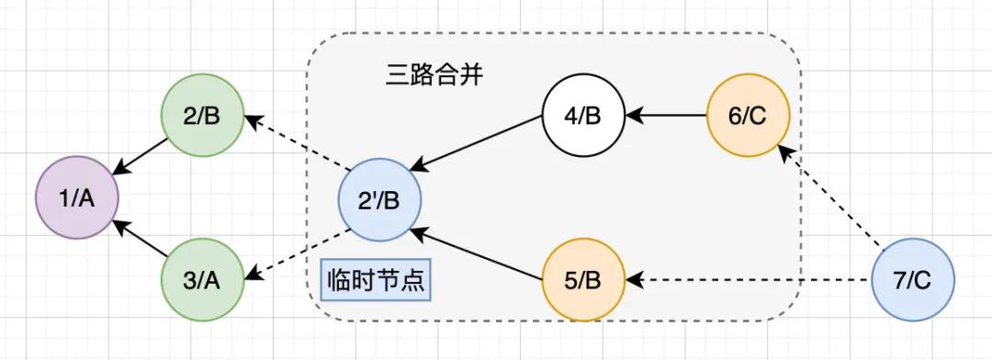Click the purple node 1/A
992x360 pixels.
pyautogui.click(x=76, y=197)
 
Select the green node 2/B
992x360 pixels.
pyautogui.click(x=201, y=116)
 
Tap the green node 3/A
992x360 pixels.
pyautogui.click(x=201, y=279)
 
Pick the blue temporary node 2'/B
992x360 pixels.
pyautogui.click(x=379, y=197)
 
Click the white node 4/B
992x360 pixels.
pyautogui.click(x=583, y=116)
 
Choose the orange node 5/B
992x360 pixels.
pyautogui.click(x=583, y=279)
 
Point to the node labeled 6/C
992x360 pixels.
pyautogui.click(x=749, y=116)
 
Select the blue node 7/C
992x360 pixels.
pyautogui.click(x=912, y=279)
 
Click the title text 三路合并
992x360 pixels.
pyautogui.click(x=434, y=76)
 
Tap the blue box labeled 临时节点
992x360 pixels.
pyautogui.click(x=376, y=279)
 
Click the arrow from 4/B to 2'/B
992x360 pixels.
pyautogui.click(x=478, y=145)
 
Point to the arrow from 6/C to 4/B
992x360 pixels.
pyautogui.click(x=666, y=116)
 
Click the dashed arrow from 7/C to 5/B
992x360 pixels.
pyautogui.click(x=749, y=279)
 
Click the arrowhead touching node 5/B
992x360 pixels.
pyautogui.click(x=634, y=279)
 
